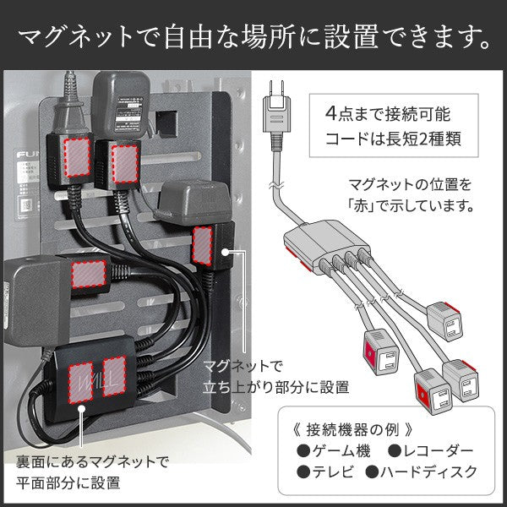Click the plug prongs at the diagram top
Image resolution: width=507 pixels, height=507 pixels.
click(x=275, y=87)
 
